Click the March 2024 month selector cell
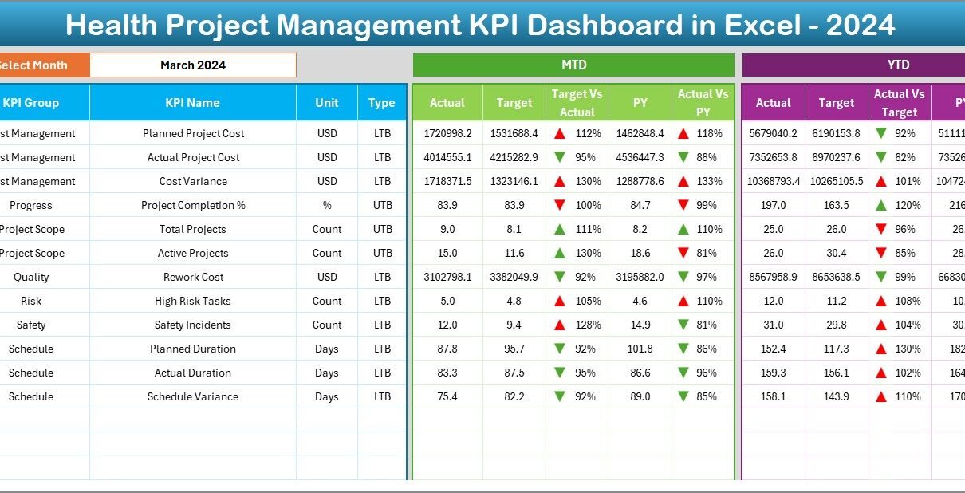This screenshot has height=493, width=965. (192, 65)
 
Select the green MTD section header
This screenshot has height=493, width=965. (573, 65)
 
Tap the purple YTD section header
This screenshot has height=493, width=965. (898, 65)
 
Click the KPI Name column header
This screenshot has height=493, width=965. (192, 103)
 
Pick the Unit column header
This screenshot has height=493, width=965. (327, 103)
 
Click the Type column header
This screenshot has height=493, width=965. (382, 103)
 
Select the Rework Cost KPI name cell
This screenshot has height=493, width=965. (193, 277)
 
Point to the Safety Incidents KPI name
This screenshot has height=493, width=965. (193, 325)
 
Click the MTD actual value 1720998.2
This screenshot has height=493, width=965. (447, 133)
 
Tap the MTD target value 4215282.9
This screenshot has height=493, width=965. (514, 157)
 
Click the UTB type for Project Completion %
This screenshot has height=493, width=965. (382, 205)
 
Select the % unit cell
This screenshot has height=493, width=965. (327, 205)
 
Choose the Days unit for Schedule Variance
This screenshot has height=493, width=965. (327, 396)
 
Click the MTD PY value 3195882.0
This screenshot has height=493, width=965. (640, 277)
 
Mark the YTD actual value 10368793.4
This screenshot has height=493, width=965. (774, 181)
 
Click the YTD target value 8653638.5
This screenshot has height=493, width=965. (837, 277)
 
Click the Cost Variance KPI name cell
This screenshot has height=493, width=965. (193, 181)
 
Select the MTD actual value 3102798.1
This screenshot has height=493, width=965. (447, 277)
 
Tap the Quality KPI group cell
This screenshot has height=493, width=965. (31, 277)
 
